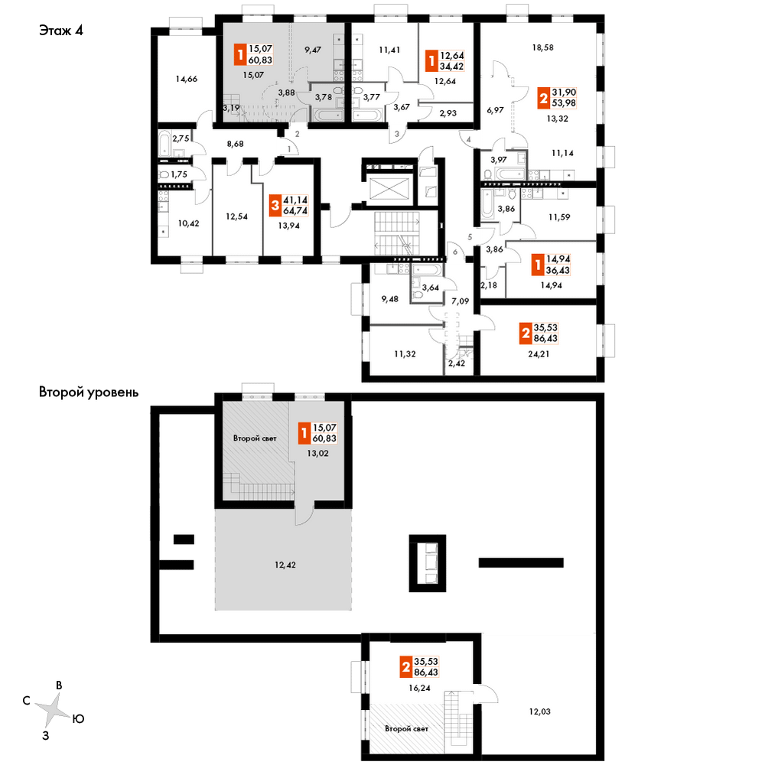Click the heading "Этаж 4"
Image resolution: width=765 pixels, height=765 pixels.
[61, 31]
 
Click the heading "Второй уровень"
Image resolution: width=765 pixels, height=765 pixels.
[88, 392]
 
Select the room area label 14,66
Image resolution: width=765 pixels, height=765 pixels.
[187, 79]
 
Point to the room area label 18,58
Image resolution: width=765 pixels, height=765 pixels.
[542, 47]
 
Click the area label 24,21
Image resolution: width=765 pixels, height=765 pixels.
[539, 354]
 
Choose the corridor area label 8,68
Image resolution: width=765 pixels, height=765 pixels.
[235, 144]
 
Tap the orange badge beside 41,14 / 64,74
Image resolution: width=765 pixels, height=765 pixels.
[275, 206]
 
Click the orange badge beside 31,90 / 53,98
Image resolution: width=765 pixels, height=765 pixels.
[543, 98]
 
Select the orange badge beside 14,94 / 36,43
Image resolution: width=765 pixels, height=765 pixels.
[538, 265]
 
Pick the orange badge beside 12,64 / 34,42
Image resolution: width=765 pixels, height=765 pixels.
[431, 61]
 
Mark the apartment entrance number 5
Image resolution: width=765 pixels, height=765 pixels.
[470, 237]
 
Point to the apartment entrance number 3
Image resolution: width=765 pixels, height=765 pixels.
[396, 134]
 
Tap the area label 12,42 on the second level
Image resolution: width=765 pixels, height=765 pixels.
[285, 565]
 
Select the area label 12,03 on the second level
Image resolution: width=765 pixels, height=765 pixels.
[539, 711]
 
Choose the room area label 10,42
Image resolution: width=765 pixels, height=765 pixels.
[188, 223]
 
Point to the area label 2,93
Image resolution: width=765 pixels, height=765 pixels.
[448, 113]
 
